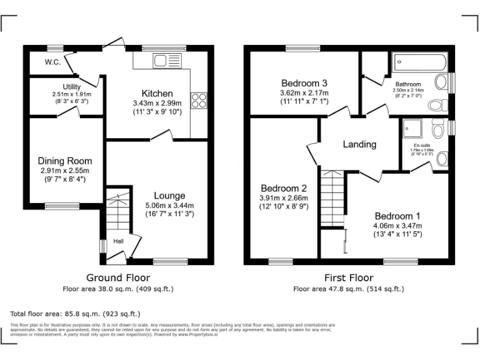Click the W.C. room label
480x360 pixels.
[x=52, y=62]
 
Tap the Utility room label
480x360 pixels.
[x=72, y=87]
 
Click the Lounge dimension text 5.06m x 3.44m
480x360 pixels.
[x=161, y=206]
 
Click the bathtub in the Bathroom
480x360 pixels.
[x=419, y=62]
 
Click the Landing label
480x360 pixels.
[x=359, y=144]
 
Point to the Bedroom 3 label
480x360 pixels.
[x=304, y=83]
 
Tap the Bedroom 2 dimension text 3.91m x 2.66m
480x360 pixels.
[x=283, y=198]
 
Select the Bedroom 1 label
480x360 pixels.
[x=397, y=216]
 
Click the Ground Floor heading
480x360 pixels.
[x=118, y=277]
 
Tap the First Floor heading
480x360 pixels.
[x=349, y=277]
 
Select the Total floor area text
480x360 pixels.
[x=76, y=313]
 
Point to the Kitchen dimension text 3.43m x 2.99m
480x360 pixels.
[x=157, y=103]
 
